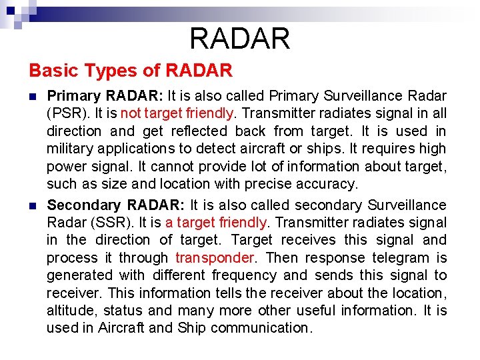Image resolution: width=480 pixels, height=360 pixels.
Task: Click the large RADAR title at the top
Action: [x=240, y=39]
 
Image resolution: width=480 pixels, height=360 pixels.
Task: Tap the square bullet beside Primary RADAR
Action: [x=33, y=96]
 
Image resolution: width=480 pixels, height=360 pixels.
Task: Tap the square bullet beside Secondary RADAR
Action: [x=33, y=205]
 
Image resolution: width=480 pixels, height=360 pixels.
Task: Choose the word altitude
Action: [x=70, y=311]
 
